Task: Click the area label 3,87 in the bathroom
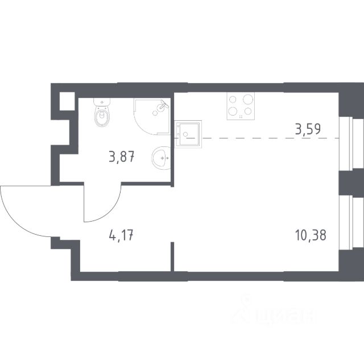[x=122, y=157]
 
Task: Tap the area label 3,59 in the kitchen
[x=308, y=129]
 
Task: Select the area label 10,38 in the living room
[x=311, y=235]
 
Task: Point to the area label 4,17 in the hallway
[x=121, y=235]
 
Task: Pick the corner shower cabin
[x=152, y=116]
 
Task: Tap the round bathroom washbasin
[x=161, y=158]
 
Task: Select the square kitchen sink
[x=188, y=134]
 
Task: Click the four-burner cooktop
[x=241, y=106]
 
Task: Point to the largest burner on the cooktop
[x=248, y=100]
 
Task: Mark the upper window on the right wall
[x=351, y=143]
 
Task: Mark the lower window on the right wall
[x=351, y=223]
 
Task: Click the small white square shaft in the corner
[x=67, y=101]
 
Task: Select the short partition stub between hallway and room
[x=172, y=256]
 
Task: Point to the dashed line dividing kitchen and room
[x=257, y=138]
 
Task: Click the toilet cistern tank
[x=102, y=102]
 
